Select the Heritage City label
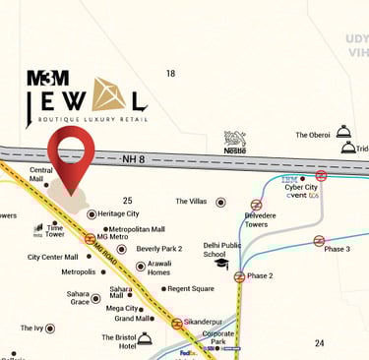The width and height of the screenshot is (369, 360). pyautogui.click(x=118, y=213)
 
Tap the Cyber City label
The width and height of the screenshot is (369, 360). pyautogui.click(x=299, y=187)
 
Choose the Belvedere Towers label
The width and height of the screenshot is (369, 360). pyautogui.click(x=260, y=218)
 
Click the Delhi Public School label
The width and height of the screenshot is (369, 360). pyautogui.click(x=221, y=249)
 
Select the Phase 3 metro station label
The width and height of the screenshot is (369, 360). pyautogui.click(x=337, y=249)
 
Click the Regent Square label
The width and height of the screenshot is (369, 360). pyautogui.click(x=190, y=288)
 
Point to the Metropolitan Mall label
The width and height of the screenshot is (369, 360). pyautogui.click(x=136, y=228)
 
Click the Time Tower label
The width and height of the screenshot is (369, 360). pyautogui.click(x=55, y=231)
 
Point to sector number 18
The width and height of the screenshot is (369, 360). pyautogui.click(x=170, y=74)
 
